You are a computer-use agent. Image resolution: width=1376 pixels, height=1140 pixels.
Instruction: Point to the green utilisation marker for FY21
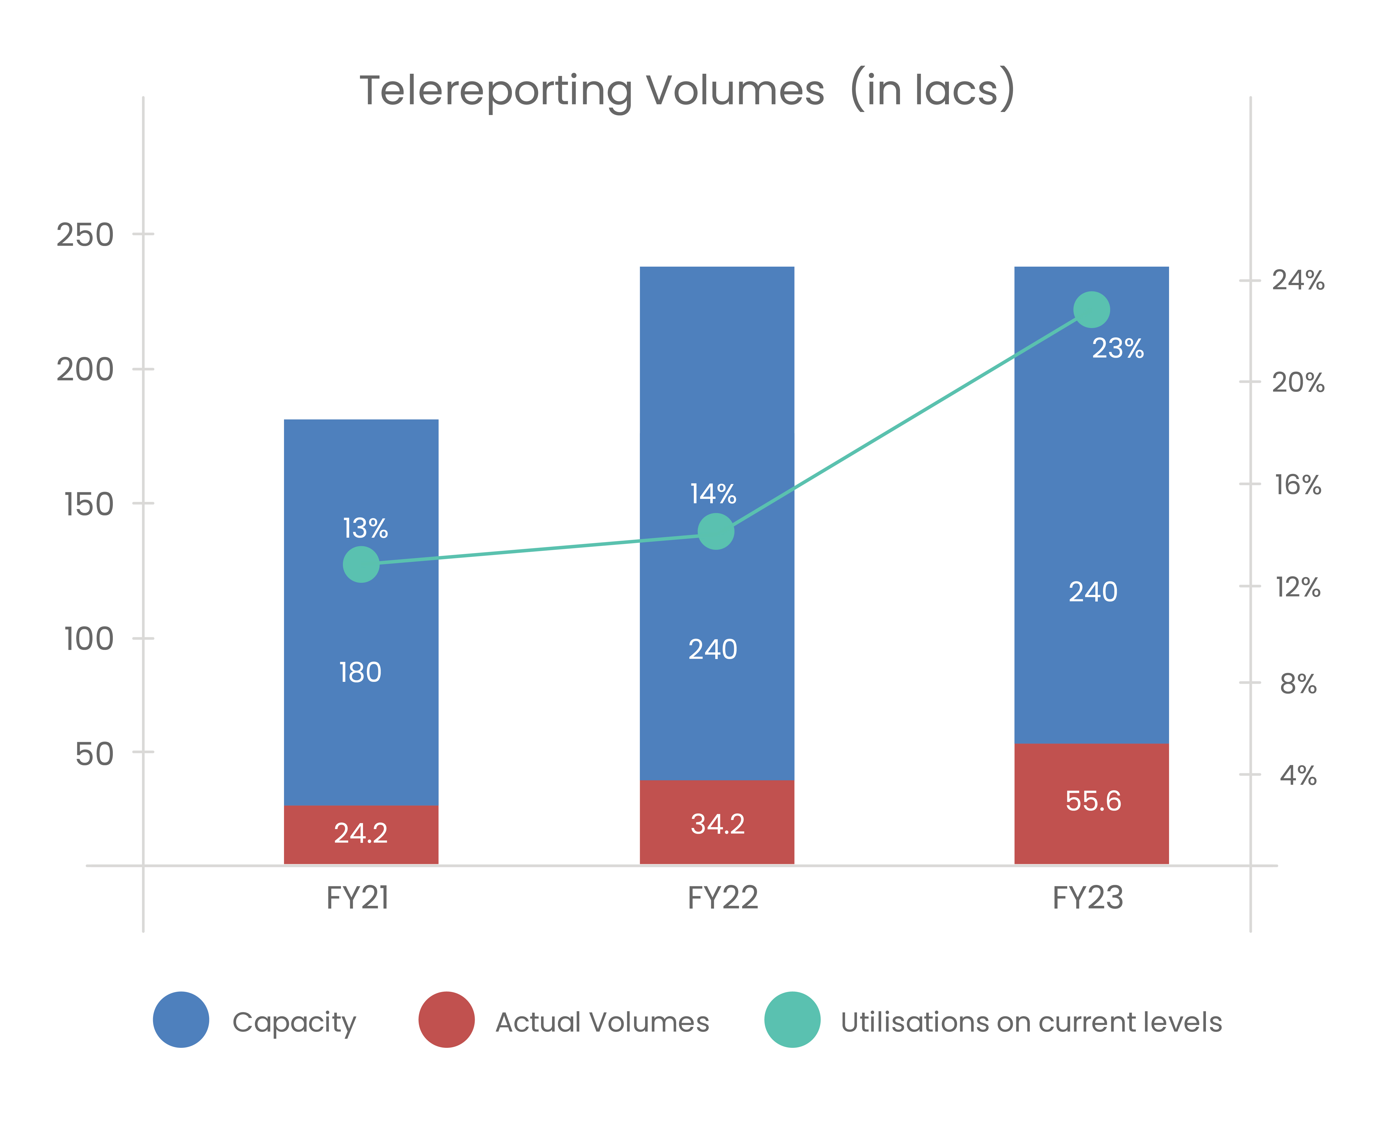[x=361, y=564]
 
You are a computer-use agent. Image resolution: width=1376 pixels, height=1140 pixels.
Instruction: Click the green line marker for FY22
[x=716, y=531]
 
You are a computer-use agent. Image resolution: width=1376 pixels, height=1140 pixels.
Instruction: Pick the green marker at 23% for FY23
[x=1091, y=310]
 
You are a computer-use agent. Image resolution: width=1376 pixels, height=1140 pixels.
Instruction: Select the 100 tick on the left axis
[x=88, y=639]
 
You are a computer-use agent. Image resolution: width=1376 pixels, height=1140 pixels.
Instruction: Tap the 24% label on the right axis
[x=1297, y=280]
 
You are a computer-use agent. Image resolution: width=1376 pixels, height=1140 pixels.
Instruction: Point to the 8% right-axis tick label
[x=1297, y=684]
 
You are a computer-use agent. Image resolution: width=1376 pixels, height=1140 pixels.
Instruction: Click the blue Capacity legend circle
[x=181, y=1019]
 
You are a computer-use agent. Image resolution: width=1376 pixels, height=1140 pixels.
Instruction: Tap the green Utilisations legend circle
[x=792, y=1019]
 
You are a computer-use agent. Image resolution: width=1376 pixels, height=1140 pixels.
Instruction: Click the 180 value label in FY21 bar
[x=360, y=672]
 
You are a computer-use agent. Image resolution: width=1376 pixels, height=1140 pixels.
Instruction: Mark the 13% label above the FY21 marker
[x=365, y=528]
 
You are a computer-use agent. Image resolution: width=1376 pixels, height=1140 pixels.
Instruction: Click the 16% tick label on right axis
[x=1297, y=485]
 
